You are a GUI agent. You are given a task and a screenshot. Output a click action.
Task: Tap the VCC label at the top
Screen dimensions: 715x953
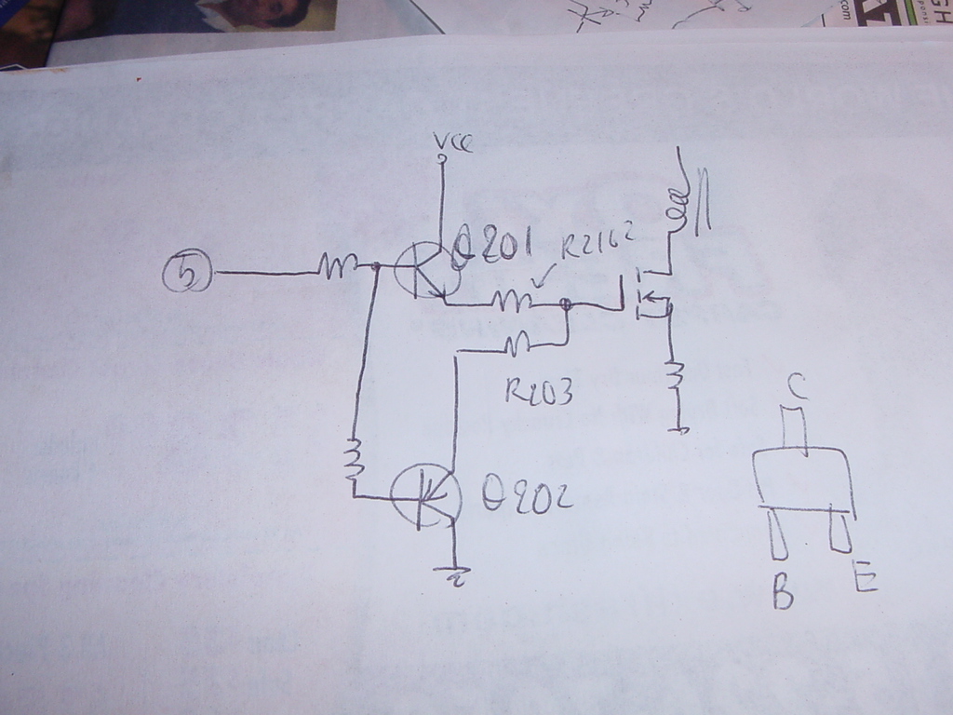tap(453, 142)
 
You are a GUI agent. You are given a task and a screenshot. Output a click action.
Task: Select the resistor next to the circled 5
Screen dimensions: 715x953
tap(332, 268)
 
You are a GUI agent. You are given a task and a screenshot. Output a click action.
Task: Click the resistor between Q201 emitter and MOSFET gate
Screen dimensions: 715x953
tap(512, 300)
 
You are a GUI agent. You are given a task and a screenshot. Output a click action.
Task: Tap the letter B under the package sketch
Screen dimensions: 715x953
tap(783, 592)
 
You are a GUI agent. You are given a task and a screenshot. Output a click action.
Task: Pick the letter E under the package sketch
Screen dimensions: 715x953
tap(863, 582)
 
